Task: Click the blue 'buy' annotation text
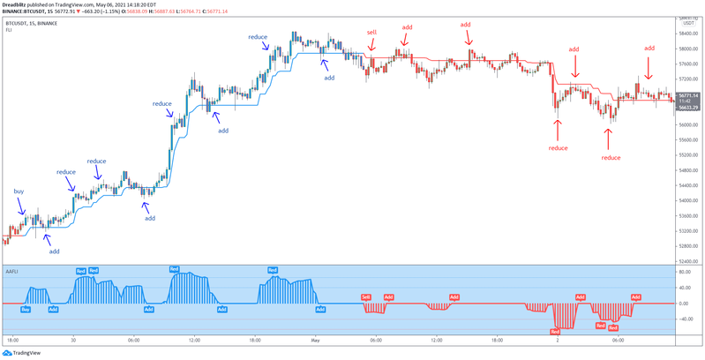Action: click(19, 191)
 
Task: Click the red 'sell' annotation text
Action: click(371, 32)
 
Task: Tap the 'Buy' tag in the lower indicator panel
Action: click(25, 310)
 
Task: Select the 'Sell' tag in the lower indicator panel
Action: click(366, 298)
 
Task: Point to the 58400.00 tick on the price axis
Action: click(689, 34)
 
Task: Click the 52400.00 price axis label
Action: click(689, 262)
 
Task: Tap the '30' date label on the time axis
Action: click(72, 340)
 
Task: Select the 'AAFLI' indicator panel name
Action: click(12, 270)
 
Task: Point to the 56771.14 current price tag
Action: click(689, 94)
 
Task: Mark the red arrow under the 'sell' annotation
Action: click(371, 43)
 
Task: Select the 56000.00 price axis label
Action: click(689, 124)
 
